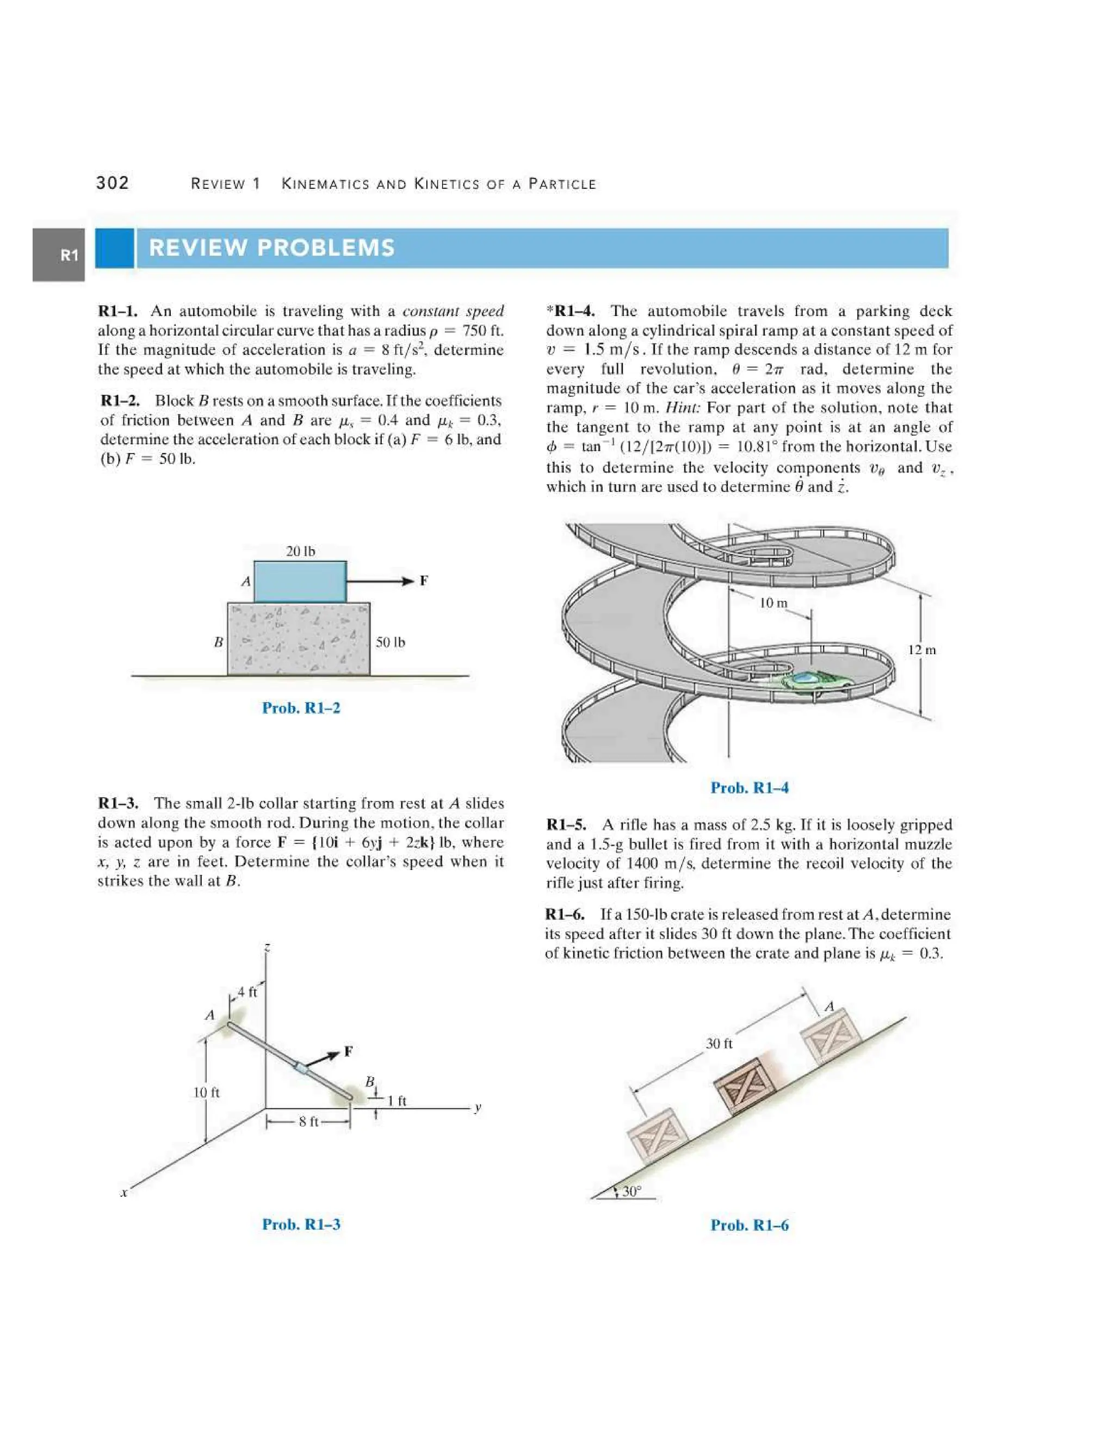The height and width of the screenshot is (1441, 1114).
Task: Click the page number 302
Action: point(113,183)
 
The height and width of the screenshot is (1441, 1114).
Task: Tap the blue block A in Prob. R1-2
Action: point(300,581)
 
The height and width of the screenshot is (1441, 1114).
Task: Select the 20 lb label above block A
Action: point(300,551)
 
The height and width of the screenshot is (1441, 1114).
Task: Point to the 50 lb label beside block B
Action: point(390,642)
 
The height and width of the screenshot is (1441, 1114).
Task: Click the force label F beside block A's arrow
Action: point(424,581)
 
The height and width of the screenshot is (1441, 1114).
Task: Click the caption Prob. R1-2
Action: point(301,708)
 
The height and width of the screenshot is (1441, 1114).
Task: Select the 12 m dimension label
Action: point(921,650)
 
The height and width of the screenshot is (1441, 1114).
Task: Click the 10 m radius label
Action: point(773,603)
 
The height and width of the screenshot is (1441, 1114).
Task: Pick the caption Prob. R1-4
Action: point(749,788)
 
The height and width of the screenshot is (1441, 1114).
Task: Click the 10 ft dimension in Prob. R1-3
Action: point(206,1092)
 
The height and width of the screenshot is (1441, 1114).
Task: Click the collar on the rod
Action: point(301,1067)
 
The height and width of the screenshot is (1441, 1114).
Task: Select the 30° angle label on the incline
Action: point(631,1191)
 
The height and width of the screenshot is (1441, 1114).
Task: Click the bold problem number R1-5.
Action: point(566,825)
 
